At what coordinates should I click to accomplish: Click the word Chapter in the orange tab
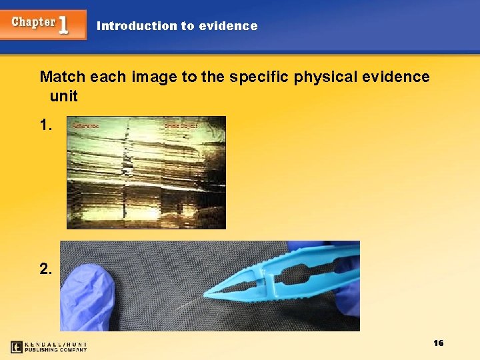pos(33,22)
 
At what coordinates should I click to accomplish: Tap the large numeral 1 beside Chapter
pos(64,25)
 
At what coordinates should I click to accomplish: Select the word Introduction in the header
pos(136,26)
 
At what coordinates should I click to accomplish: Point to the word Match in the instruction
pos(63,77)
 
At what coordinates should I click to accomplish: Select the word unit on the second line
pos(63,96)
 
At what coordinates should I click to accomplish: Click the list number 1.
pos(47,125)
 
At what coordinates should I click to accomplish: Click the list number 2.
pos(46,269)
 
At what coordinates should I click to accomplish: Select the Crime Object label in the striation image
pos(181,125)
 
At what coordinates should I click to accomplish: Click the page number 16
pos(438,343)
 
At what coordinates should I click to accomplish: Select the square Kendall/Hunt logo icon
pos(17,347)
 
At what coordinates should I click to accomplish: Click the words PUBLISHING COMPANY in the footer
pos(57,349)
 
